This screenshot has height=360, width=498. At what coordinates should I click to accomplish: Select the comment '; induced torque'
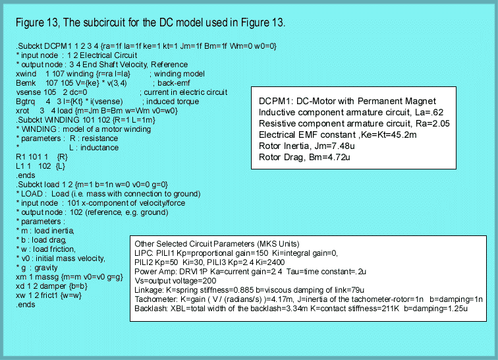coord(173,102)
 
